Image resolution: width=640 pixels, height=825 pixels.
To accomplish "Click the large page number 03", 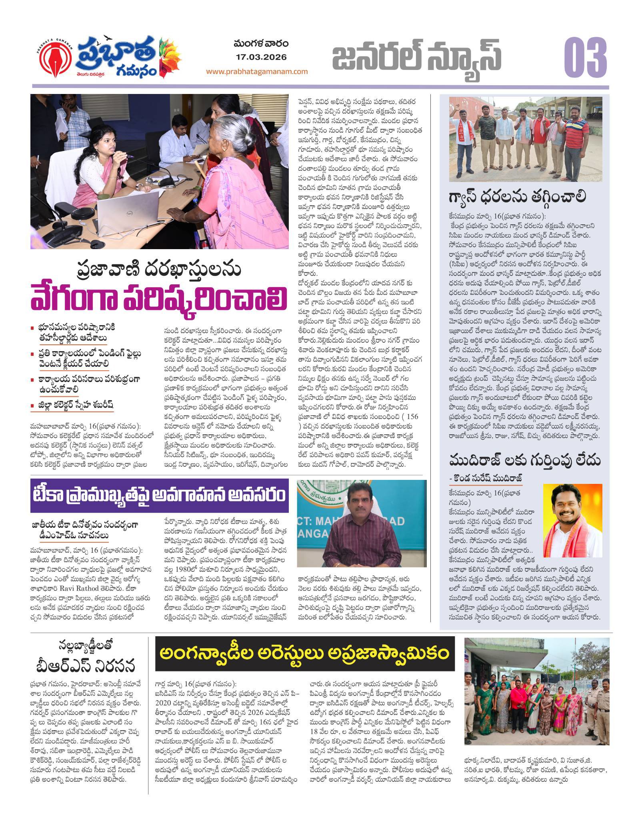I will [585, 57].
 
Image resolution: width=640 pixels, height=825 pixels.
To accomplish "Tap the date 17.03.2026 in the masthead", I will [261, 57].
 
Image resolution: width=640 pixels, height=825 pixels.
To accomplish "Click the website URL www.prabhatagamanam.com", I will [257, 72].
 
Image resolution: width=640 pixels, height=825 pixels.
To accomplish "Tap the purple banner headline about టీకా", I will [159, 495].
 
